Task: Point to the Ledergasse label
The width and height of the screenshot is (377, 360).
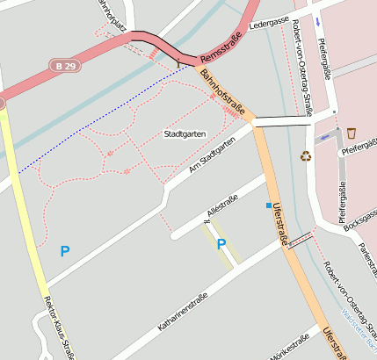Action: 269,24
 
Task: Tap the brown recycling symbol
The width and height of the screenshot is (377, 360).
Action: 306,156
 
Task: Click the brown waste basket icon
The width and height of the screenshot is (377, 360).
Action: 352,133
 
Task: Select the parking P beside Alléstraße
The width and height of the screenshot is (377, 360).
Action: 221,244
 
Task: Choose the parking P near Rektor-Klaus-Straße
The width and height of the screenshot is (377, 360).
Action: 64,251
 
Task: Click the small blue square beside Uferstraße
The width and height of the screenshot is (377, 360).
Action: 269,205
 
